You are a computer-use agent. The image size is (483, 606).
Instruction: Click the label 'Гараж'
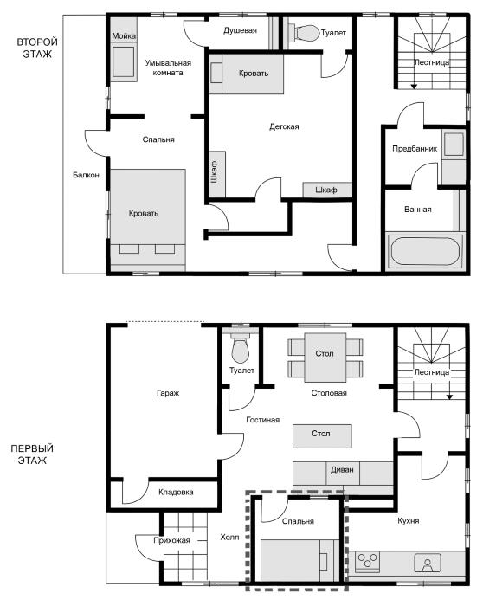point(168,393)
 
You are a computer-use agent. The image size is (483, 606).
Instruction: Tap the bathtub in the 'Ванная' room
point(425,251)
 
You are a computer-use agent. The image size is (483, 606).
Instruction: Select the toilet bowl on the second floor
point(306,33)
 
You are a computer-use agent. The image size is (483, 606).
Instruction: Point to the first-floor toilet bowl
point(241,349)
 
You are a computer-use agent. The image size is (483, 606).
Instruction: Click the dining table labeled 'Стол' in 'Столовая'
point(325,358)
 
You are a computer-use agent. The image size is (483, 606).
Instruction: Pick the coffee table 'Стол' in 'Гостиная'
point(322,436)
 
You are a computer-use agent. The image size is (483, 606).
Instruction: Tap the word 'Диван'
point(343,469)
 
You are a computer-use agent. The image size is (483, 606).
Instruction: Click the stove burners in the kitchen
point(367,561)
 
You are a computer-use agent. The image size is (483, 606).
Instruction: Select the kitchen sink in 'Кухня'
point(428,563)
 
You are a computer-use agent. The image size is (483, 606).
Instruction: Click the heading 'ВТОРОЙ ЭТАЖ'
point(37,48)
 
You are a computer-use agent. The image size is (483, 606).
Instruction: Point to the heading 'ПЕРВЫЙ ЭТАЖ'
point(32,455)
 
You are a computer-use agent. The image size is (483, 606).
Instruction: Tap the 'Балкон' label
point(87,175)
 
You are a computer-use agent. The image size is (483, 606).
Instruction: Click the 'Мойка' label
point(124,36)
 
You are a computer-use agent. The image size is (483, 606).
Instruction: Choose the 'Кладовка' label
point(176,493)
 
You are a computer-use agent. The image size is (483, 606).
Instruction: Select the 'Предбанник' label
point(415,149)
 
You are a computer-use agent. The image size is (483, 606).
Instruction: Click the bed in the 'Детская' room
point(247,74)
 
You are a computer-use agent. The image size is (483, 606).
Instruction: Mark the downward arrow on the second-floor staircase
point(414,81)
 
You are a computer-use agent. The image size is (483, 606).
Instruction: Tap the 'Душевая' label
point(240,30)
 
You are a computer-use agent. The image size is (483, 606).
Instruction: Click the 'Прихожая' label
point(171,540)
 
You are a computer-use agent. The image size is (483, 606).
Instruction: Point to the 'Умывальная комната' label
point(168,68)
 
